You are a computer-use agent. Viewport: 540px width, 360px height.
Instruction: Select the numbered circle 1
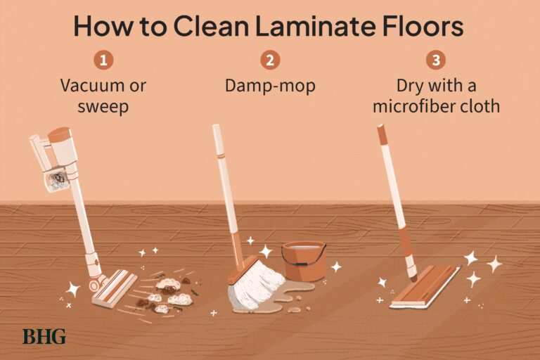(103, 60)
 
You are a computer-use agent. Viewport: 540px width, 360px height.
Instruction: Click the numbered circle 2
(270, 60)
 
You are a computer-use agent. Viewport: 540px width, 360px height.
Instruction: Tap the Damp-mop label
(269, 86)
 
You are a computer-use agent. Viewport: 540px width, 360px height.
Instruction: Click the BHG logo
(44, 336)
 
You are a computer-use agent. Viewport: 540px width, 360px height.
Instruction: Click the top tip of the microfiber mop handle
(380, 128)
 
